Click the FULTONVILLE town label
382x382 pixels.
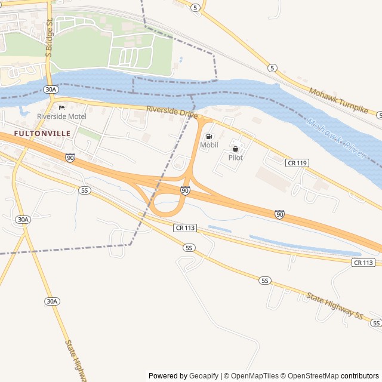tap(42, 133)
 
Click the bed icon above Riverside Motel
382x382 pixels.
tap(61, 107)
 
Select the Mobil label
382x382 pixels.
tap(209, 145)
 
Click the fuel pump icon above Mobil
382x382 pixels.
tap(209, 136)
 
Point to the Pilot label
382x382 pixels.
tap(235, 158)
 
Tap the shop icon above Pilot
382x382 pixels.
tap(235, 149)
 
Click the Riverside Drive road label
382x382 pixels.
tap(172, 111)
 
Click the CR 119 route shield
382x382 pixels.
tap(297, 163)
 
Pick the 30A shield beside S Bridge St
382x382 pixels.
tap(51, 90)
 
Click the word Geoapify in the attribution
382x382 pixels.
tap(204, 376)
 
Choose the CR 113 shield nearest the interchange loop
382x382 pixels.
tap(186, 227)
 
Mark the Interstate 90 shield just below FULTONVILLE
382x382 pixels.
tap(70, 158)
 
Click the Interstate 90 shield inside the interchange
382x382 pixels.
tap(185, 190)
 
